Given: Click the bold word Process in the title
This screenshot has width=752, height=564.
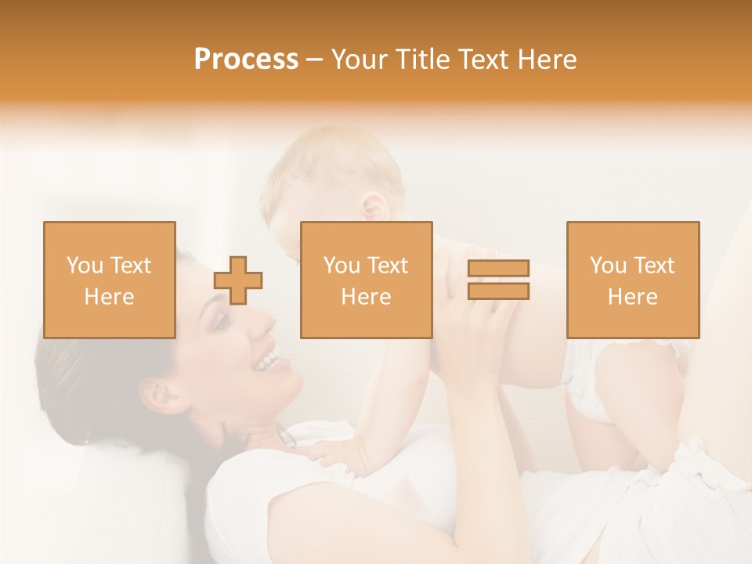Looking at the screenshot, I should click(246, 60).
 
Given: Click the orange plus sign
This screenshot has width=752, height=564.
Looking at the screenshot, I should click(238, 280).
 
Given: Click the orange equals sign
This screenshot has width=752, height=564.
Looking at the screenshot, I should click(498, 280).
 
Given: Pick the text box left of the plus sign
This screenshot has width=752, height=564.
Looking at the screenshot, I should click(110, 280).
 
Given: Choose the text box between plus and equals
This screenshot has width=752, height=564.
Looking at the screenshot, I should click(366, 280).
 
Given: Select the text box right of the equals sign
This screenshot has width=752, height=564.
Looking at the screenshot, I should click(633, 280).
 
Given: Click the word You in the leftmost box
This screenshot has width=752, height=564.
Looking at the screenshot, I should click(85, 265).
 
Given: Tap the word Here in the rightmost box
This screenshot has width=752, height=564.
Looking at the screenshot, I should click(632, 297).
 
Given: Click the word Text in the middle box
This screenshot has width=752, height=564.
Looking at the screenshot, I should click(388, 265).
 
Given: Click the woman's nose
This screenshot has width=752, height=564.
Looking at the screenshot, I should click(259, 327).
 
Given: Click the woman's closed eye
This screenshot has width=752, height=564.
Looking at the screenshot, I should click(222, 321).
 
